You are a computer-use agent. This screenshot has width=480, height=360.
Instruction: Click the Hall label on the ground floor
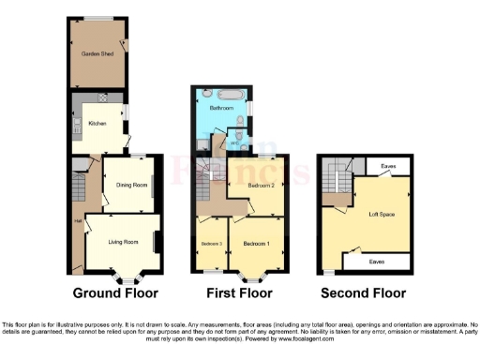[x=77, y=221]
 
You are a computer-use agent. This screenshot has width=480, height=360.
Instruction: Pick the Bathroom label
[x=221, y=109]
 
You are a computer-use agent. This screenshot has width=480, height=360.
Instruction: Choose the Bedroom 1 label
[x=256, y=243]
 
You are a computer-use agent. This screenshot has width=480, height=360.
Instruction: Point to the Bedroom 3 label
[x=211, y=244]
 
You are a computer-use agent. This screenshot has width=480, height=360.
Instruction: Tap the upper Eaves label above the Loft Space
[x=387, y=166]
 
